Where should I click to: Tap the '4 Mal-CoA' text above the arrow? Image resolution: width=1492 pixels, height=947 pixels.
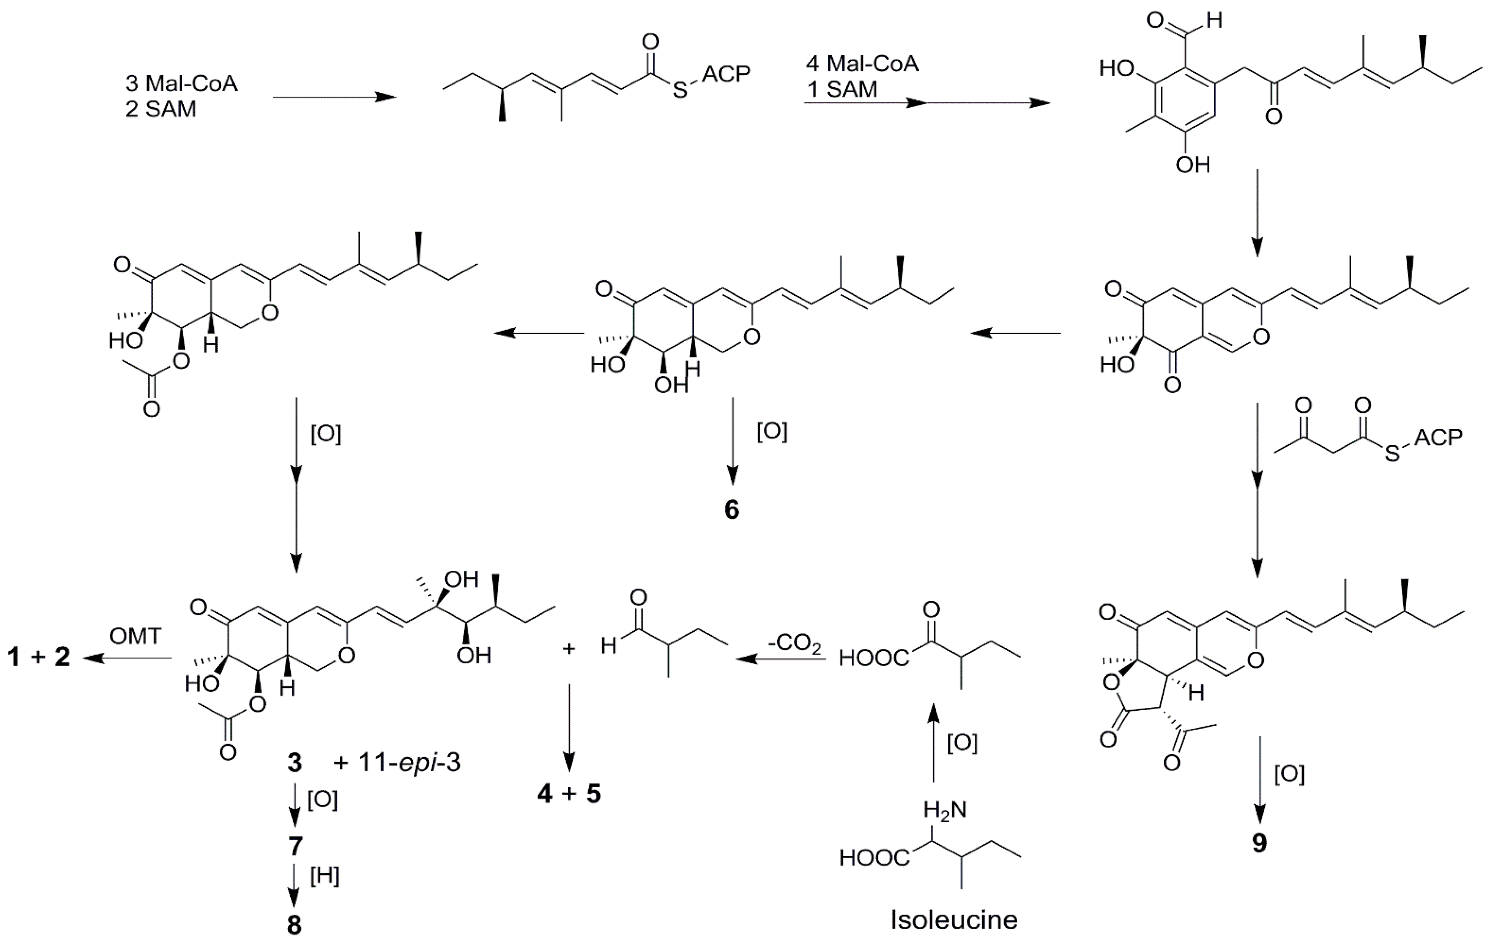[x=862, y=63]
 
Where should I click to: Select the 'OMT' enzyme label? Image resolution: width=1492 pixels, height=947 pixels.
[x=135, y=636]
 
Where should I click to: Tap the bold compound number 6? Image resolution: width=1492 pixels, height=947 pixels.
[x=732, y=509]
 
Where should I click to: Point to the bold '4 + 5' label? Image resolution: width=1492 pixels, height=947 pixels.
[x=569, y=793]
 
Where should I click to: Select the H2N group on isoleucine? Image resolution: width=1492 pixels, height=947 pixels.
[x=944, y=809]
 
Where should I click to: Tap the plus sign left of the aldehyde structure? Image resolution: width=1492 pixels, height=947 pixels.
[x=568, y=649]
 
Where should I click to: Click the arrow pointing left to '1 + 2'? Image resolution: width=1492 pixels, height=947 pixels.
[x=127, y=658]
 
